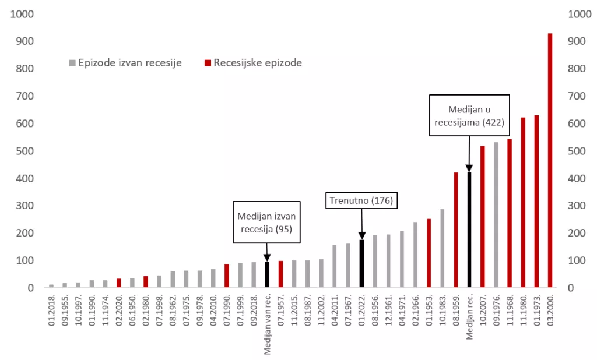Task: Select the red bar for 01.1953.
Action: tap(429, 253)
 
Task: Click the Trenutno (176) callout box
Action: tap(361, 201)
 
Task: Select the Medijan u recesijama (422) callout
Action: tap(469, 115)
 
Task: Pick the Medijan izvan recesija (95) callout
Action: tap(267, 222)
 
